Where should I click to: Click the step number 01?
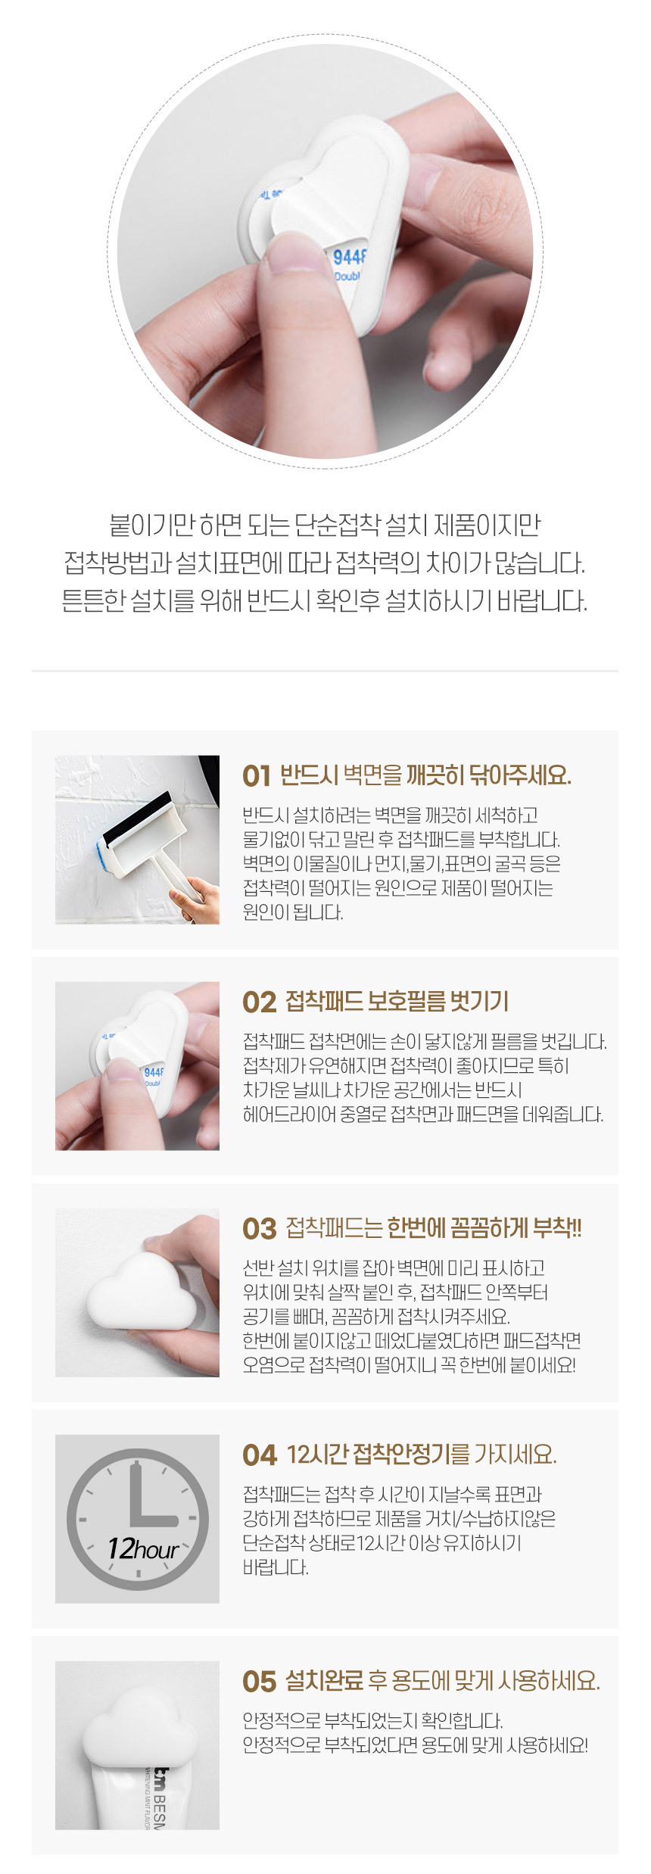coord(257,776)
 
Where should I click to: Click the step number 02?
coord(259,1002)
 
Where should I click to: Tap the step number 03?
coord(259,1229)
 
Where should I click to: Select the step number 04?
coord(260,1455)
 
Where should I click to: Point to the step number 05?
coord(259,1682)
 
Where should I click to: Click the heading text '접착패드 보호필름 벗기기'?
coord(397,1002)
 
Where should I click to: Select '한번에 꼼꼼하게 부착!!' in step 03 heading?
coord(484,1228)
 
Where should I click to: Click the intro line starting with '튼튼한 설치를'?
coord(324,602)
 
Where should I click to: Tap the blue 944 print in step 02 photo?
coord(153,1072)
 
